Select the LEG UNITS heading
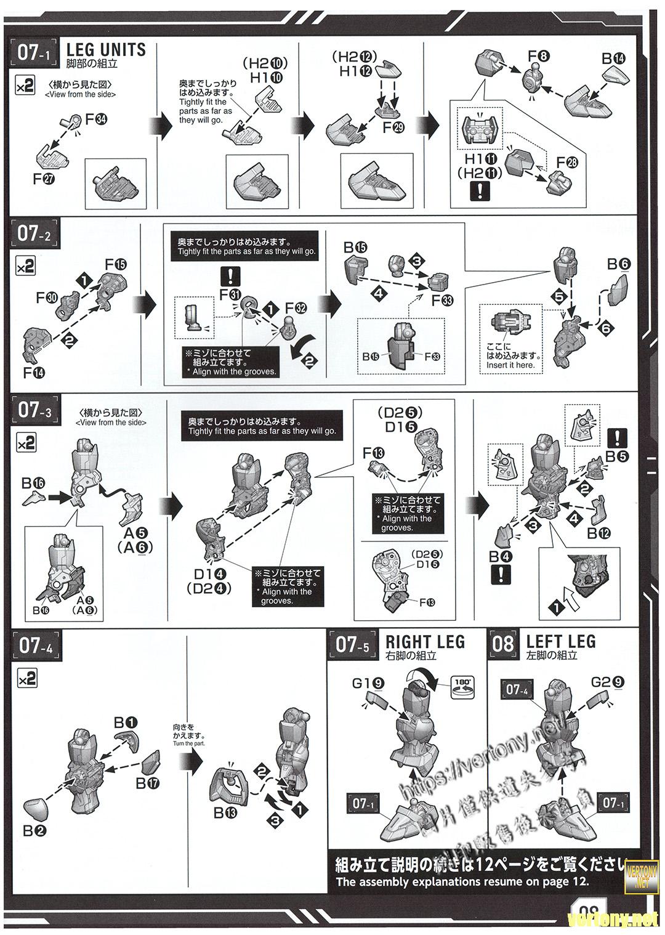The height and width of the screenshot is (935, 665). pyautogui.click(x=105, y=49)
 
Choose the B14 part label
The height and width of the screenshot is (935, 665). pyautogui.click(x=613, y=59)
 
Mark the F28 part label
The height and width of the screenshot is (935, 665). pyautogui.click(x=567, y=162)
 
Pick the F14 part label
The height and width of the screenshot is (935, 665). pyautogui.click(x=34, y=372)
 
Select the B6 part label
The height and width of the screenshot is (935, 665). pyautogui.click(x=619, y=264)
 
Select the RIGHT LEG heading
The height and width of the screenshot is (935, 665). pyautogui.click(x=425, y=641)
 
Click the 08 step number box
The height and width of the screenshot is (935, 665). pyautogui.click(x=503, y=644)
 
